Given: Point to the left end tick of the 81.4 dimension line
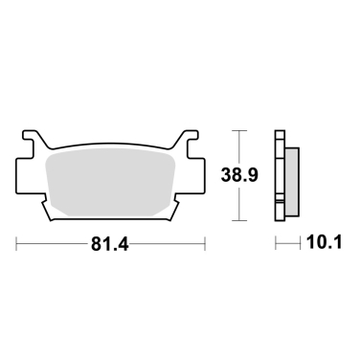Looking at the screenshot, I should [17, 245].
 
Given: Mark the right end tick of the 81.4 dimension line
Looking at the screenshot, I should [205, 245].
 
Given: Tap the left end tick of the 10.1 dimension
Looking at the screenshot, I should [277, 245].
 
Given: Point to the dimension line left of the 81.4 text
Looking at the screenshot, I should [53, 245].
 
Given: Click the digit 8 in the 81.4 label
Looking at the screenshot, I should [96, 245].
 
